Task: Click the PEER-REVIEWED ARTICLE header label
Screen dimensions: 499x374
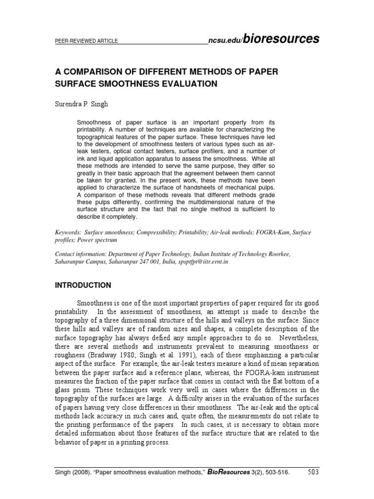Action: [x=86, y=41]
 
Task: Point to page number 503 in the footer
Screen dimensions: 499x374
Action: [x=314, y=483]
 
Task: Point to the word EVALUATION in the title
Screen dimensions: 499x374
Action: [x=188, y=83]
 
